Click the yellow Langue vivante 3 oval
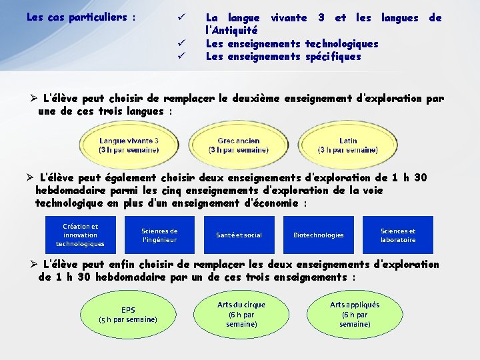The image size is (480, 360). click(129, 145)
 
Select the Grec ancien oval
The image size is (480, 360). click(239, 145)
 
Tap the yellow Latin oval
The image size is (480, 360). click(348, 145)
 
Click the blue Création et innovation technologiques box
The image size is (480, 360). click(80, 235)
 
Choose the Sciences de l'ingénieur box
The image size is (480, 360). click(159, 235)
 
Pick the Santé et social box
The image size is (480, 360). click(239, 235)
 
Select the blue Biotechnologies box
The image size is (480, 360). click(319, 235)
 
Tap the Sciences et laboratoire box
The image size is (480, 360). click(398, 235)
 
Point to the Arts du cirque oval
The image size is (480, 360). click(241, 314)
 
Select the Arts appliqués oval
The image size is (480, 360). click(355, 314)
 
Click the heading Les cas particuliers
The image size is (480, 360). click(81, 17)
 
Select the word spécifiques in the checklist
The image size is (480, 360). click(333, 57)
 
